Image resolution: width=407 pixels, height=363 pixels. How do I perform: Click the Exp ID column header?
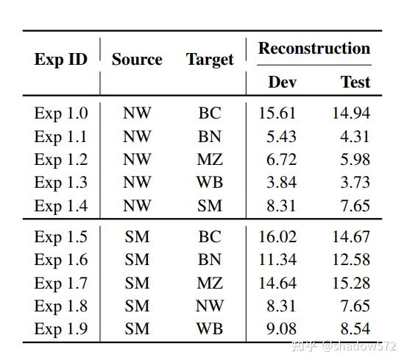[x=60, y=60]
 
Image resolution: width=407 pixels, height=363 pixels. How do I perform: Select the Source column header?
[x=137, y=60]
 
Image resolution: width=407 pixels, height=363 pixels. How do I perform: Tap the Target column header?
[x=210, y=60]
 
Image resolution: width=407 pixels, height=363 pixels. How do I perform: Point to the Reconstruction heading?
[x=314, y=49]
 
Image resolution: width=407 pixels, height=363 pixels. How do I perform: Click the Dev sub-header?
[x=282, y=82]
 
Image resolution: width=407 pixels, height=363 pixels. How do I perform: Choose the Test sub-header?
[x=355, y=82]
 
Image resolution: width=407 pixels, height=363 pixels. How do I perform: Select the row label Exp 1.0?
[x=60, y=113]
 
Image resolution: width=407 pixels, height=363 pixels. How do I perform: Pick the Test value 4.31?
[x=355, y=136]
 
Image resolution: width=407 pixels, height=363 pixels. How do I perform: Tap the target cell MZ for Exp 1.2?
[x=210, y=160]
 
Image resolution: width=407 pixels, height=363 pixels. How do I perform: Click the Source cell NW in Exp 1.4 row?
[x=137, y=206]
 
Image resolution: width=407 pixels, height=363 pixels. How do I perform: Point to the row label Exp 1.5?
[x=60, y=236]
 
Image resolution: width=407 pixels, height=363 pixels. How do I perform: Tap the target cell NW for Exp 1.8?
[x=210, y=306]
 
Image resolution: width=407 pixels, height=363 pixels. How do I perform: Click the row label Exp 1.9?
[x=60, y=329]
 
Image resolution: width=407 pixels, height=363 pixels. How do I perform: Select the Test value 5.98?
[x=355, y=160]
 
